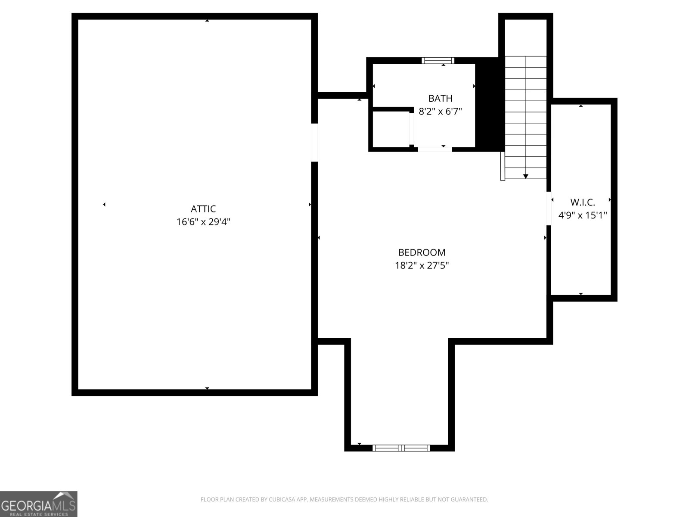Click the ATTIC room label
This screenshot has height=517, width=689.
[x=203, y=209]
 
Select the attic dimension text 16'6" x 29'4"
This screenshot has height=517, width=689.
[x=203, y=222]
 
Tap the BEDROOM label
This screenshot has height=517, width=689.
[x=422, y=252]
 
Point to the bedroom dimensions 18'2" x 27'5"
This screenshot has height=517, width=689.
[x=422, y=266]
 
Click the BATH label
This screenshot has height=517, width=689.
[x=440, y=98]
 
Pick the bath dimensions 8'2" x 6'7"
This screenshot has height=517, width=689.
[x=440, y=112]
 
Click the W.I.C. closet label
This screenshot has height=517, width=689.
[x=582, y=202]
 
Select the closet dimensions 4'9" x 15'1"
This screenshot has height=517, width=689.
[x=582, y=215]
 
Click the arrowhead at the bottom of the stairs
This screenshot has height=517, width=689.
[x=525, y=176]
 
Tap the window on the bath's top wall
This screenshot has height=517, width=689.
[x=438, y=60]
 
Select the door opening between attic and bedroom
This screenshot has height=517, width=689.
[x=314, y=143]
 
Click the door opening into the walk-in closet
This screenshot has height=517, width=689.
[x=549, y=209]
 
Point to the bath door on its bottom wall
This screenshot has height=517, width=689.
[x=435, y=149]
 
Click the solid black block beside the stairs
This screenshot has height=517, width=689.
[x=489, y=103]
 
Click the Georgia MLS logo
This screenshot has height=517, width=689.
[x=38, y=504]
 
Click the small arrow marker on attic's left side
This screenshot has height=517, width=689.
[x=104, y=205]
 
